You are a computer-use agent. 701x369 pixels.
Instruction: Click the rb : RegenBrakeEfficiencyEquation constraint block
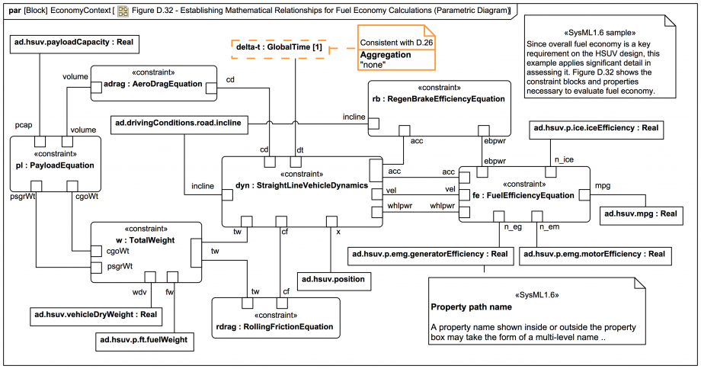click(438, 99)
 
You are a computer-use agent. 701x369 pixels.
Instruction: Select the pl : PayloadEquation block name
click(55, 165)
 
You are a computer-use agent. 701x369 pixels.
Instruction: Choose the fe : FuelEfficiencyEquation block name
click(523, 195)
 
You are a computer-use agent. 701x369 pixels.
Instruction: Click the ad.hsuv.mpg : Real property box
click(640, 214)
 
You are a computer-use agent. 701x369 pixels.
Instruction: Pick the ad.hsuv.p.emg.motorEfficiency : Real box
click(594, 254)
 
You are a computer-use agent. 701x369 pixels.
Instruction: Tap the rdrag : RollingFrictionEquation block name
click(274, 326)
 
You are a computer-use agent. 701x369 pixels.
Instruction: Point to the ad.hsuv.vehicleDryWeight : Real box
click(95, 313)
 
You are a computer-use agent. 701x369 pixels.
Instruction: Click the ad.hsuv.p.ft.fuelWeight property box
click(143, 338)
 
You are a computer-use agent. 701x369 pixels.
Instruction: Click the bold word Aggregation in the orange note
click(385, 56)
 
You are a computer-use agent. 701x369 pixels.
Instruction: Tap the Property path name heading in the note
click(471, 307)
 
